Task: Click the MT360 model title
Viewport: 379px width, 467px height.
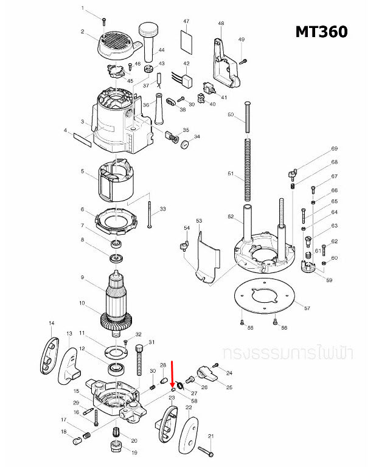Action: [322, 32]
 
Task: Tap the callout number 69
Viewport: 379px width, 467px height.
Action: [334, 149]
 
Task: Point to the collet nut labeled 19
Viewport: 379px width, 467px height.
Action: [115, 449]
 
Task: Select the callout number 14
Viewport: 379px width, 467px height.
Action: [52, 323]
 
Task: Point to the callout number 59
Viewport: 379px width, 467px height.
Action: [329, 280]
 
